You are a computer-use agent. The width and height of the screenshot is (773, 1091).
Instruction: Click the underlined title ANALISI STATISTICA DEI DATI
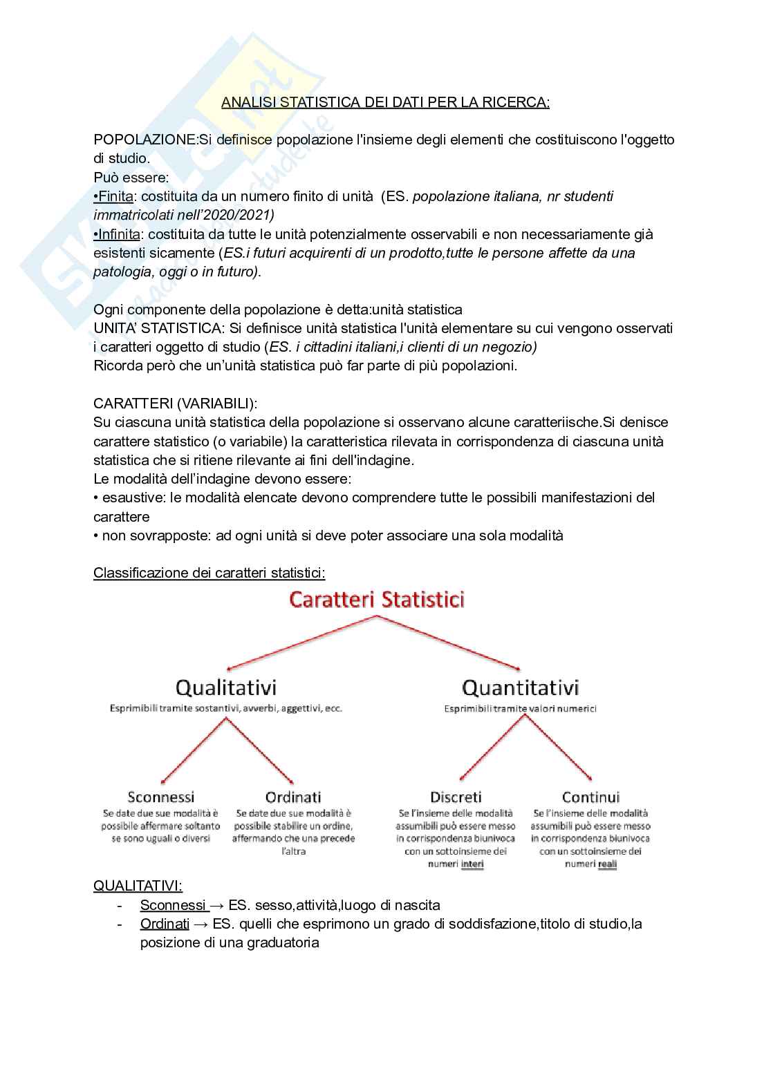pyautogui.click(x=385, y=102)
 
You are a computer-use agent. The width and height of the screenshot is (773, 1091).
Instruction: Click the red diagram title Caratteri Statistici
pyautogui.click(x=377, y=599)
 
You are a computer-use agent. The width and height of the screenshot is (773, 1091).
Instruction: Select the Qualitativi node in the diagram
pyautogui.click(x=226, y=687)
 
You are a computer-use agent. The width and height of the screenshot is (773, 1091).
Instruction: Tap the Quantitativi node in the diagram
pyautogui.click(x=520, y=687)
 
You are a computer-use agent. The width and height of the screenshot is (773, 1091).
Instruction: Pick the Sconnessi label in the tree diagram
pyautogui.click(x=161, y=797)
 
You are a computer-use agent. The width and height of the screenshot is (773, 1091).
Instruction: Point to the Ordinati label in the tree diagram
pyautogui.click(x=293, y=797)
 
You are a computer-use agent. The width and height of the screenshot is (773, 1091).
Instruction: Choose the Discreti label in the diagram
pyautogui.click(x=456, y=797)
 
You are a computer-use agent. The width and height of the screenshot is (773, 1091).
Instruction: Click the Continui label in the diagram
pyautogui.click(x=590, y=797)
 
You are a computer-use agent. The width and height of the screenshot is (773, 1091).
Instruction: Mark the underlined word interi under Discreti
pyautogui.click(x=472, y=864)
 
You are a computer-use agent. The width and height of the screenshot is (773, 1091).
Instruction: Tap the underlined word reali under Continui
pyautogui.click(x=607, y=864)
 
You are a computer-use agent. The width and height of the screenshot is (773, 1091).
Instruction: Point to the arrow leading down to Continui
pyautogui.click(x=559, y=747)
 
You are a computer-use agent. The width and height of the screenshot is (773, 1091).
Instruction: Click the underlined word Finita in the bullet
pyautogui.click(x=115, y=196)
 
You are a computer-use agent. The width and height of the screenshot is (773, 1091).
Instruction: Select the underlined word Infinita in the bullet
pyautogui.click(x=119, y=234)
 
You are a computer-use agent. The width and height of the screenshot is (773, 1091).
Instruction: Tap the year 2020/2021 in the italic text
pyautogui.click(x=237, y=215)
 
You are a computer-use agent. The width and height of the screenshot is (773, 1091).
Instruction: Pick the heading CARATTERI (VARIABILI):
pyautogui.click(x=175, y=404)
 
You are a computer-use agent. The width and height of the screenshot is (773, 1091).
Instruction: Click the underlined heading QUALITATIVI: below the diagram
pyautogui.click(x=138, y=886)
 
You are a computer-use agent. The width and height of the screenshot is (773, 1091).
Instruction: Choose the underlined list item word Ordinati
pyautogui.click(x=165, y=924)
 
